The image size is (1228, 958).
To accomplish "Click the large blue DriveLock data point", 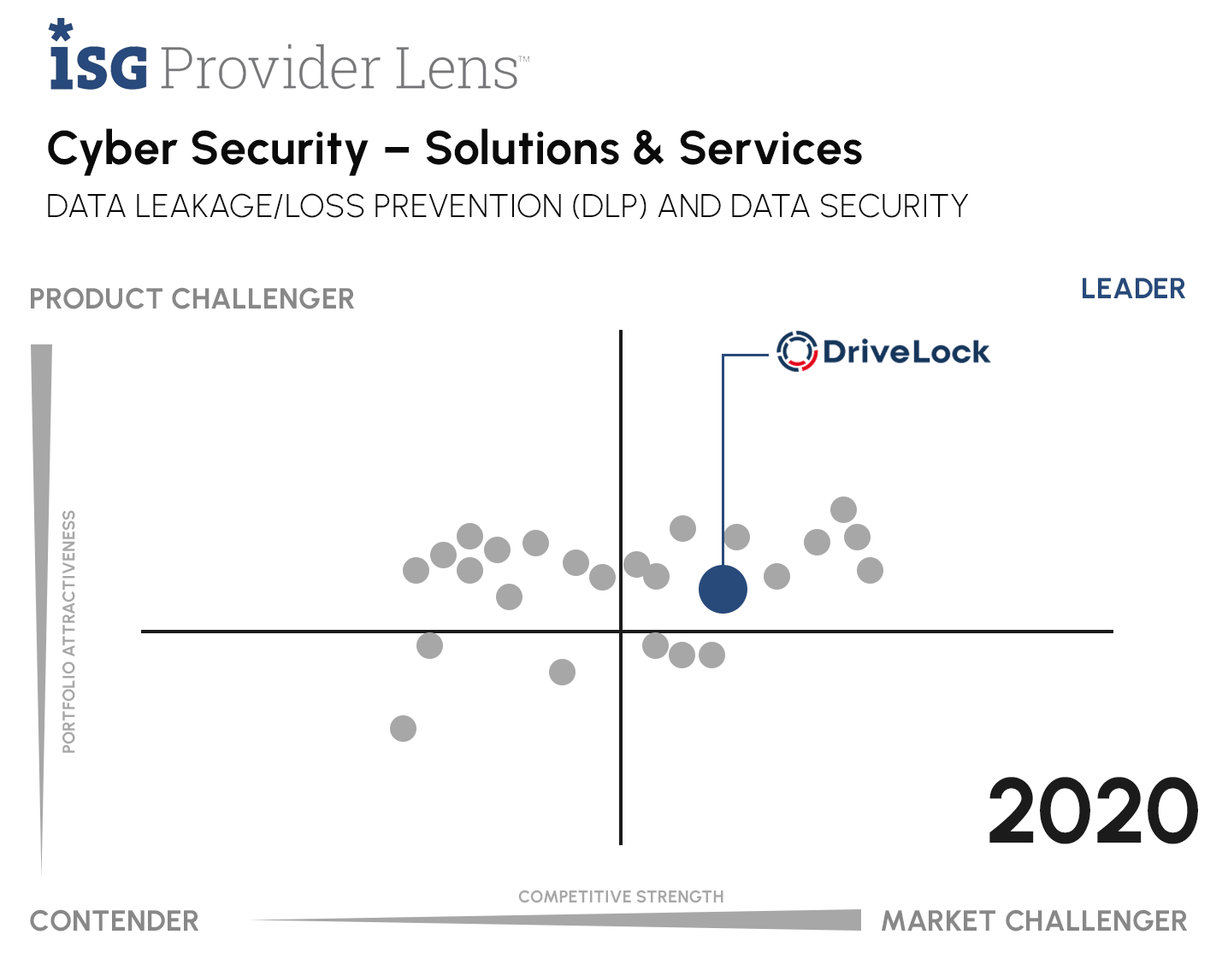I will click(723, 589).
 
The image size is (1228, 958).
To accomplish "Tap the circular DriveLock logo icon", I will click(796, 351).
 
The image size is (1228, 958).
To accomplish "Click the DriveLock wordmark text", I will click(906, 351).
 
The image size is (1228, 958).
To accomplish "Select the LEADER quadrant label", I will click(1132, 289).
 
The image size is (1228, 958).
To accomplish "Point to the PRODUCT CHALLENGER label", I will click(192, 299).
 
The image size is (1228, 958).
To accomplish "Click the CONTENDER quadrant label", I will click(114, 920).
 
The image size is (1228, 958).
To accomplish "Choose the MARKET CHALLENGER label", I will click(1034, 920).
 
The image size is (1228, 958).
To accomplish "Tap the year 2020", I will click(1093, 810).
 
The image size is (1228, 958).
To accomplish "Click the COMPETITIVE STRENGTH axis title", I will click(621, 896).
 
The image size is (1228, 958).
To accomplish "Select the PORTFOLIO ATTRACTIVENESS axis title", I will click(69, 632).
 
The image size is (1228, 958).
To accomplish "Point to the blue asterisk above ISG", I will click(61, 31).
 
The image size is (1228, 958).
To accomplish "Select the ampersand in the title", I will click(648, 150).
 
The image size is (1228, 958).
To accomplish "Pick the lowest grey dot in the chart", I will click(403, 728).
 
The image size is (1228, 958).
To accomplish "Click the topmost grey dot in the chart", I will click(843, 509).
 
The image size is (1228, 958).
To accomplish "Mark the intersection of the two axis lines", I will click(621, 631).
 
